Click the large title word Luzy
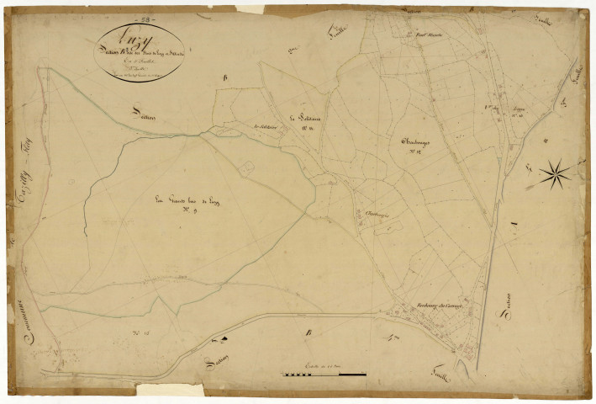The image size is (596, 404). pos(129,39)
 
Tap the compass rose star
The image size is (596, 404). pos(553,174)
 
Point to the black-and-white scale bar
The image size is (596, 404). pos(324,374)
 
